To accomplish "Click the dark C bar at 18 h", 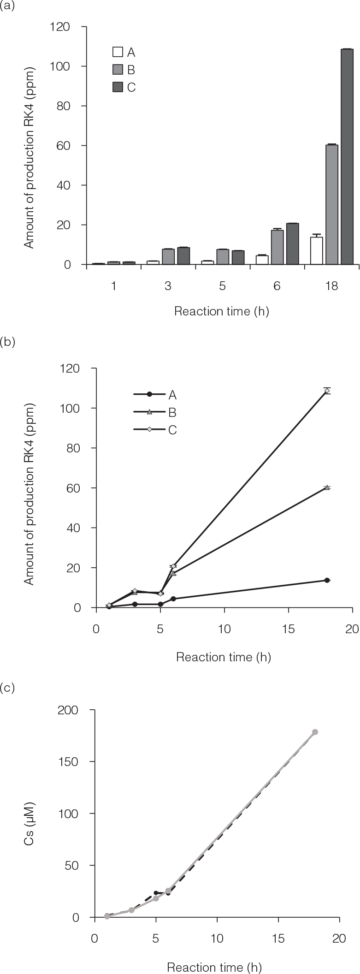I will click(347, 157).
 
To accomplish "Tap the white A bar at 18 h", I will click(316, 251).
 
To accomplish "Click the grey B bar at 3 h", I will click(168, 256).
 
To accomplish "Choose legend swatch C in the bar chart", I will click(118, 87).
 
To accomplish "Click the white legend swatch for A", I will click(118, 52).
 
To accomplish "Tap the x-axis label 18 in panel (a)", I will click(331, 286).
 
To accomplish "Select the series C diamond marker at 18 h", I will click(327, 391).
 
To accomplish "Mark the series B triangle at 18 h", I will click(327, 487).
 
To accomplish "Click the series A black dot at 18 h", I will click(327, 580).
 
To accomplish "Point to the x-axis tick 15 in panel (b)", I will click(288, 629).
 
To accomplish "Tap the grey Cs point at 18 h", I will click(315, 732).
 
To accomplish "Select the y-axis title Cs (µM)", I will click(30, 814).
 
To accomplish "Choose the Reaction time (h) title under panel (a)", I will click(221, 312).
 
